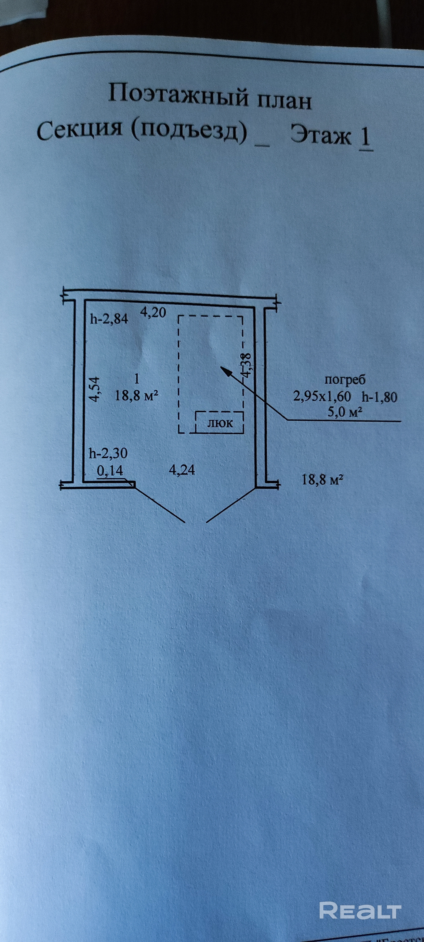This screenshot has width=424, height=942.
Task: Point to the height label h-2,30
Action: point(108,454)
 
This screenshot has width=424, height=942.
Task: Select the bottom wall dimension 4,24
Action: point(182,470)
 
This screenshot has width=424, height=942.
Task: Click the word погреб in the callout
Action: point(345,380)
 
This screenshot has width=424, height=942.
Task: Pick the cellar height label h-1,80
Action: point(379,397)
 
